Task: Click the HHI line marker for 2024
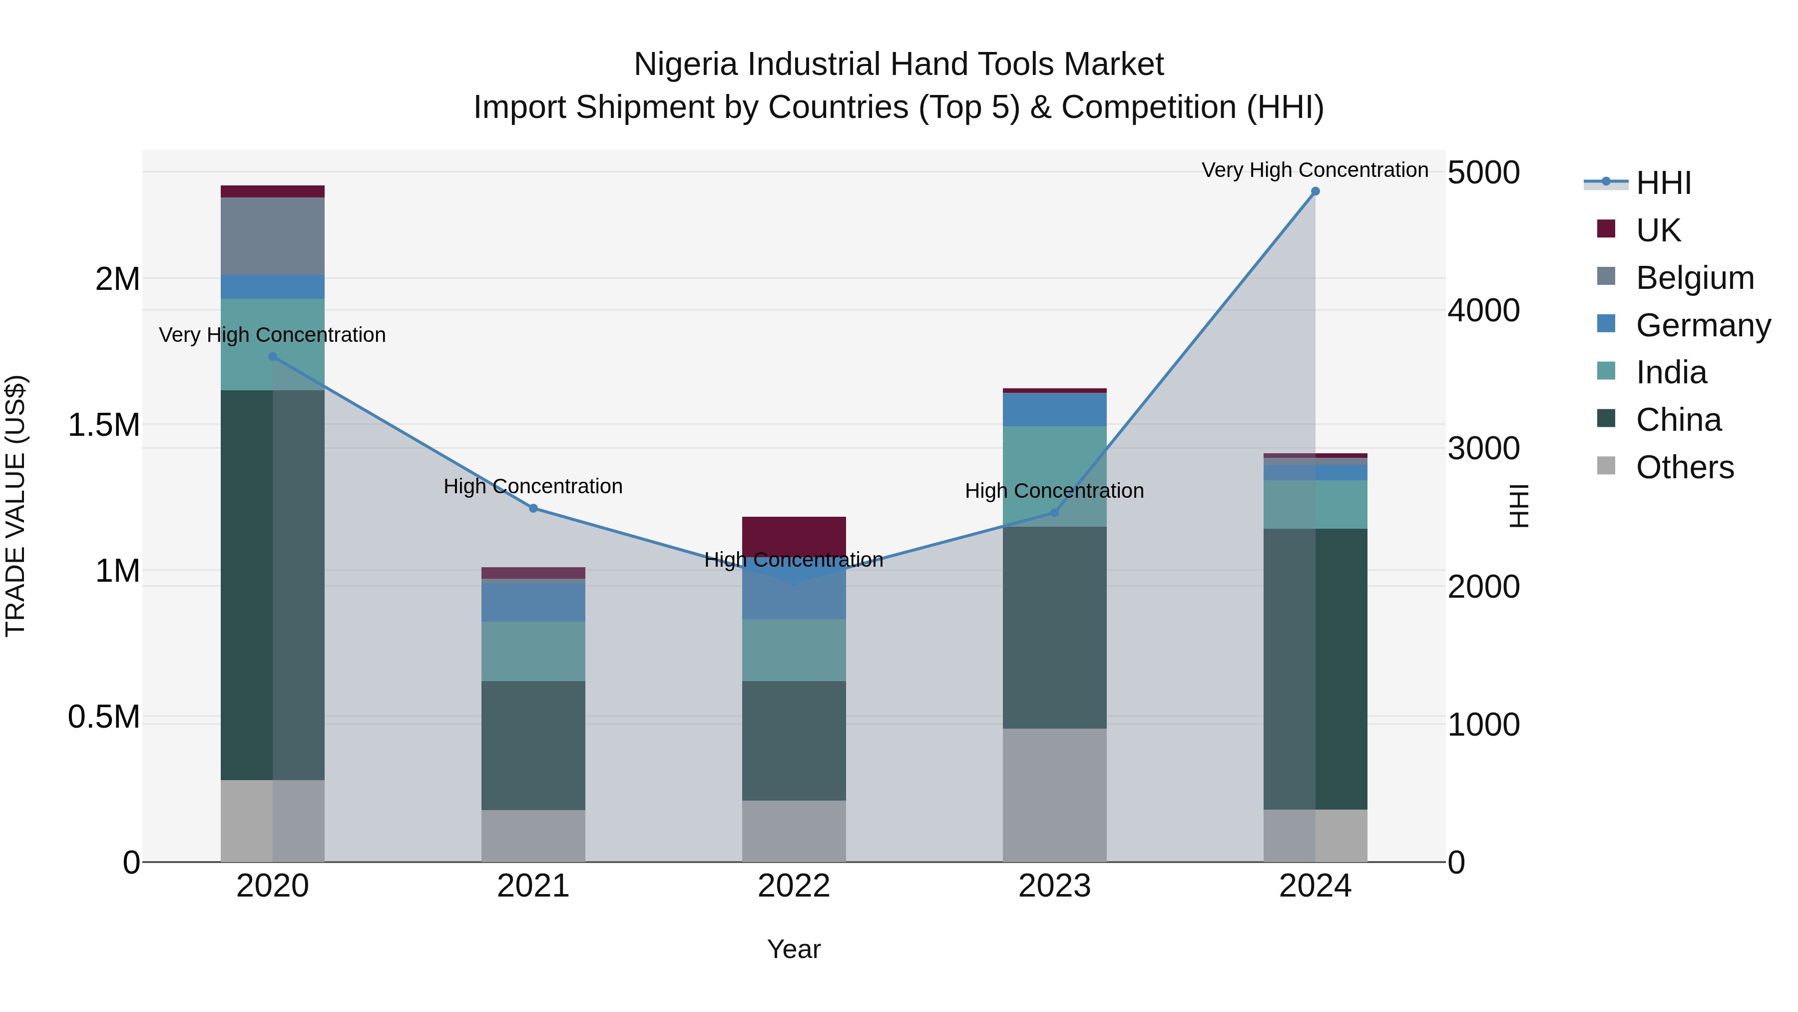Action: point(1315,191)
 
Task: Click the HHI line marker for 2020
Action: point(273,357)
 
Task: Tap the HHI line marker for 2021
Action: point(533,508)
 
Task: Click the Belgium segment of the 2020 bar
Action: point(273,236)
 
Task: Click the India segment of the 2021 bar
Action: point(533,651)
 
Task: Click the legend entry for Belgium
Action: point(1695,278)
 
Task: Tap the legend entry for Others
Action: point(1684,467)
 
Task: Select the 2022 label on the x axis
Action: point(794,886)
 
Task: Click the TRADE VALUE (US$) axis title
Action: point(15,506)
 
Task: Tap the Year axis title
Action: point(794,949)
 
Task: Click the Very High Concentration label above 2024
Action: point(1315,170)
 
